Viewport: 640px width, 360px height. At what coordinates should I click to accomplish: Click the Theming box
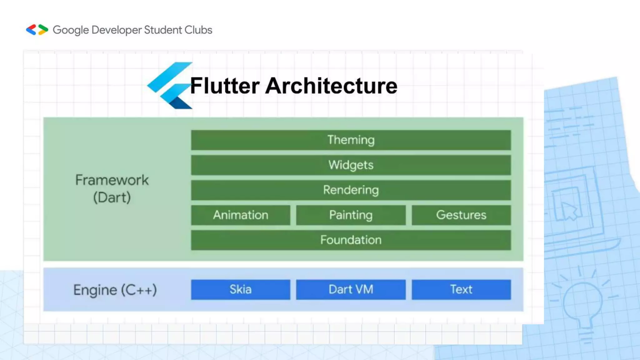point(351,140)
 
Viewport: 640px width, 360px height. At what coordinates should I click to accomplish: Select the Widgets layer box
point(351,165)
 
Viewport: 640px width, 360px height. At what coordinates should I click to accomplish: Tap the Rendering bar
point(351,190)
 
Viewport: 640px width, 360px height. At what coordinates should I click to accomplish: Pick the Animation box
point(241,215)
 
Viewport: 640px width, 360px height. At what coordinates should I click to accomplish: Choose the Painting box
point(351,215)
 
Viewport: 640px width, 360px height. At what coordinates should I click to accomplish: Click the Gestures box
point(461,215)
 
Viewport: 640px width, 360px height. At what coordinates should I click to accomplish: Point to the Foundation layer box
point(351,240)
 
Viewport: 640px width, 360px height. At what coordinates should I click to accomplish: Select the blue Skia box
point(241,289)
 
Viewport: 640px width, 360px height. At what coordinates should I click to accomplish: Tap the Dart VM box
point(351,289)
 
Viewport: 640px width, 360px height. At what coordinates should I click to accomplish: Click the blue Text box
point(461,289)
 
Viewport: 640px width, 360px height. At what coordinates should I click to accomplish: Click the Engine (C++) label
point(115,290)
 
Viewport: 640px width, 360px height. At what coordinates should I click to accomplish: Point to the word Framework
point(112,180)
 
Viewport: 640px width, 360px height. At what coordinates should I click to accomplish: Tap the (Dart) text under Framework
point(112,197)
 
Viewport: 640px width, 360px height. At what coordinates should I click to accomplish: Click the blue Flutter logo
point(170,85)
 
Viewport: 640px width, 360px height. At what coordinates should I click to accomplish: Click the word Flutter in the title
point(225,86)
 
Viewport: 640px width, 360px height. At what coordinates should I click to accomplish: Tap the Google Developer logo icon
point(37,30)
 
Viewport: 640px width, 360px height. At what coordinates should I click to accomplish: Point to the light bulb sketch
point(583,303)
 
